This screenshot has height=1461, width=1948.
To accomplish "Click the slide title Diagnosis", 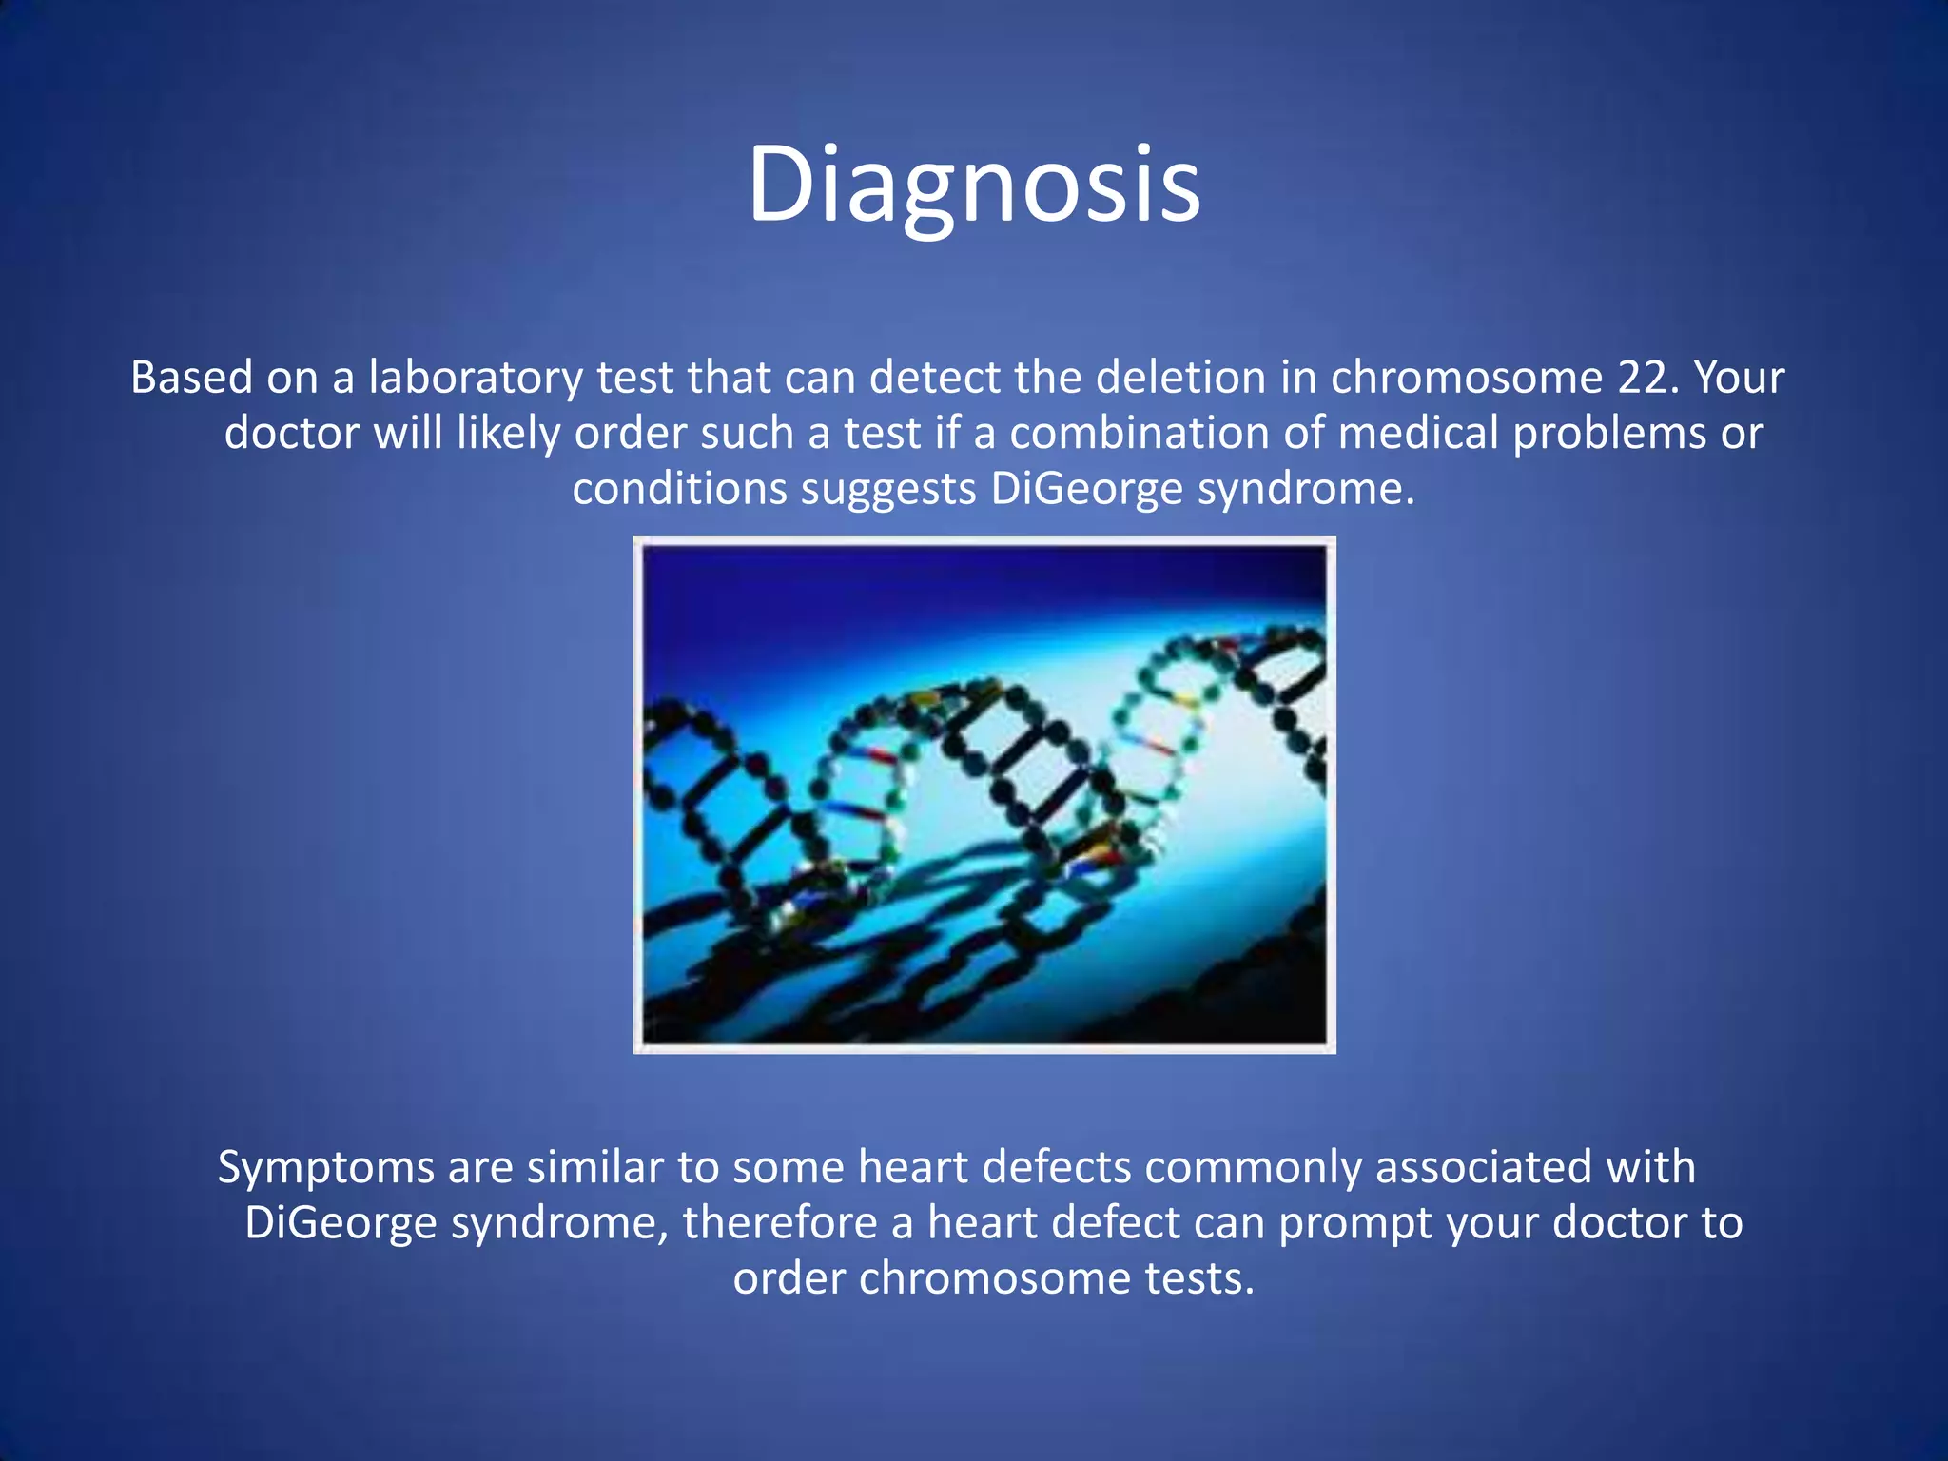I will [974, 185].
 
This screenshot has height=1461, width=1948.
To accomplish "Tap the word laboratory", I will [476, 378].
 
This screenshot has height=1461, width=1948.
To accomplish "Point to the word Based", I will [191, 378].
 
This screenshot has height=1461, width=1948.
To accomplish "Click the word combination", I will [1139, 434].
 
